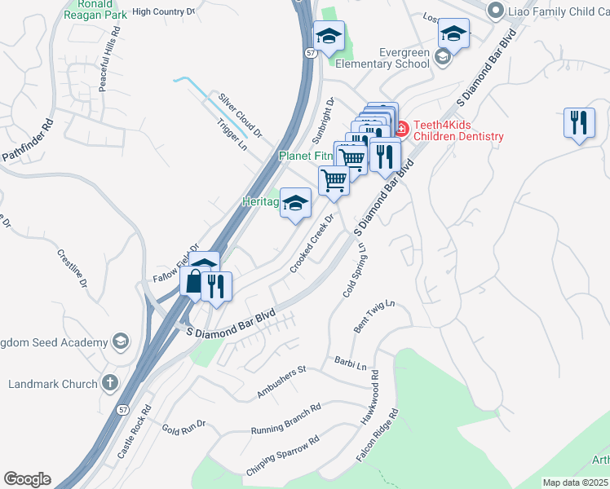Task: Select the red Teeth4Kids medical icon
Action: (x=401, y=129)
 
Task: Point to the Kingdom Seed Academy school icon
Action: (x=121, y=340)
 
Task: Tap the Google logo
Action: (x=27, y=479)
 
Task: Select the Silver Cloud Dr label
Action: (x=241, y=115)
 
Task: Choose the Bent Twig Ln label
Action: (x=374, y=315)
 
